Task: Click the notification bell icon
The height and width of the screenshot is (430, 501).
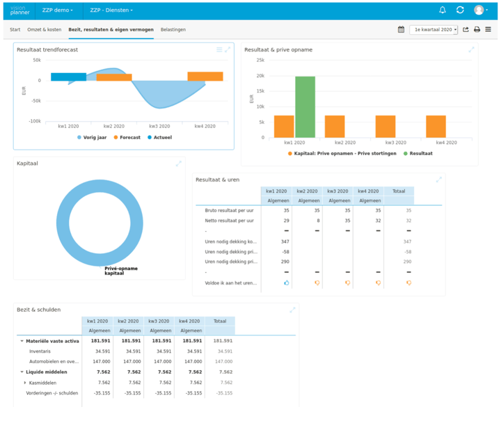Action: click(x=443, y=10)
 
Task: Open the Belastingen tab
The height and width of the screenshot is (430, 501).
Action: click(x=173, y=30)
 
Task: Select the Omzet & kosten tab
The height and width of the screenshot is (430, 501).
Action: click(x=44, y=30)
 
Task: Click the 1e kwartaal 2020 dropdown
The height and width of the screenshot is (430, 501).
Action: click(x=434, y=30)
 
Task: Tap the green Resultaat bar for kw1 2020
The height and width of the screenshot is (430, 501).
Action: click(x=305, y=106)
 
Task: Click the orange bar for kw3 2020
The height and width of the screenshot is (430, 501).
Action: click(x=385, y=127)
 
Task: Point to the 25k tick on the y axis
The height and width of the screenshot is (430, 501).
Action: click(x=260, y=61)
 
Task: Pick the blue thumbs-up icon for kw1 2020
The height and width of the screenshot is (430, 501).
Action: click(x=286, y=283)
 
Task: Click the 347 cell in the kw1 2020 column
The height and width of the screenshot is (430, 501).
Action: click(x=285, y=241)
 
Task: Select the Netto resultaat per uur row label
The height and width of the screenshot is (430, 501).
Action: click(x=229, y=220)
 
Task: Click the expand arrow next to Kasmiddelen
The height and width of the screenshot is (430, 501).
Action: click(x=25, y=383)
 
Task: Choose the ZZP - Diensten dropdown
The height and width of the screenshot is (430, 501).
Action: click(x=112, y=10)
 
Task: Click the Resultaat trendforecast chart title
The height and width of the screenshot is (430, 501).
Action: click(x=47, y=50)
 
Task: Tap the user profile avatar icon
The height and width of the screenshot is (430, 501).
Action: click(x=479, y=10)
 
